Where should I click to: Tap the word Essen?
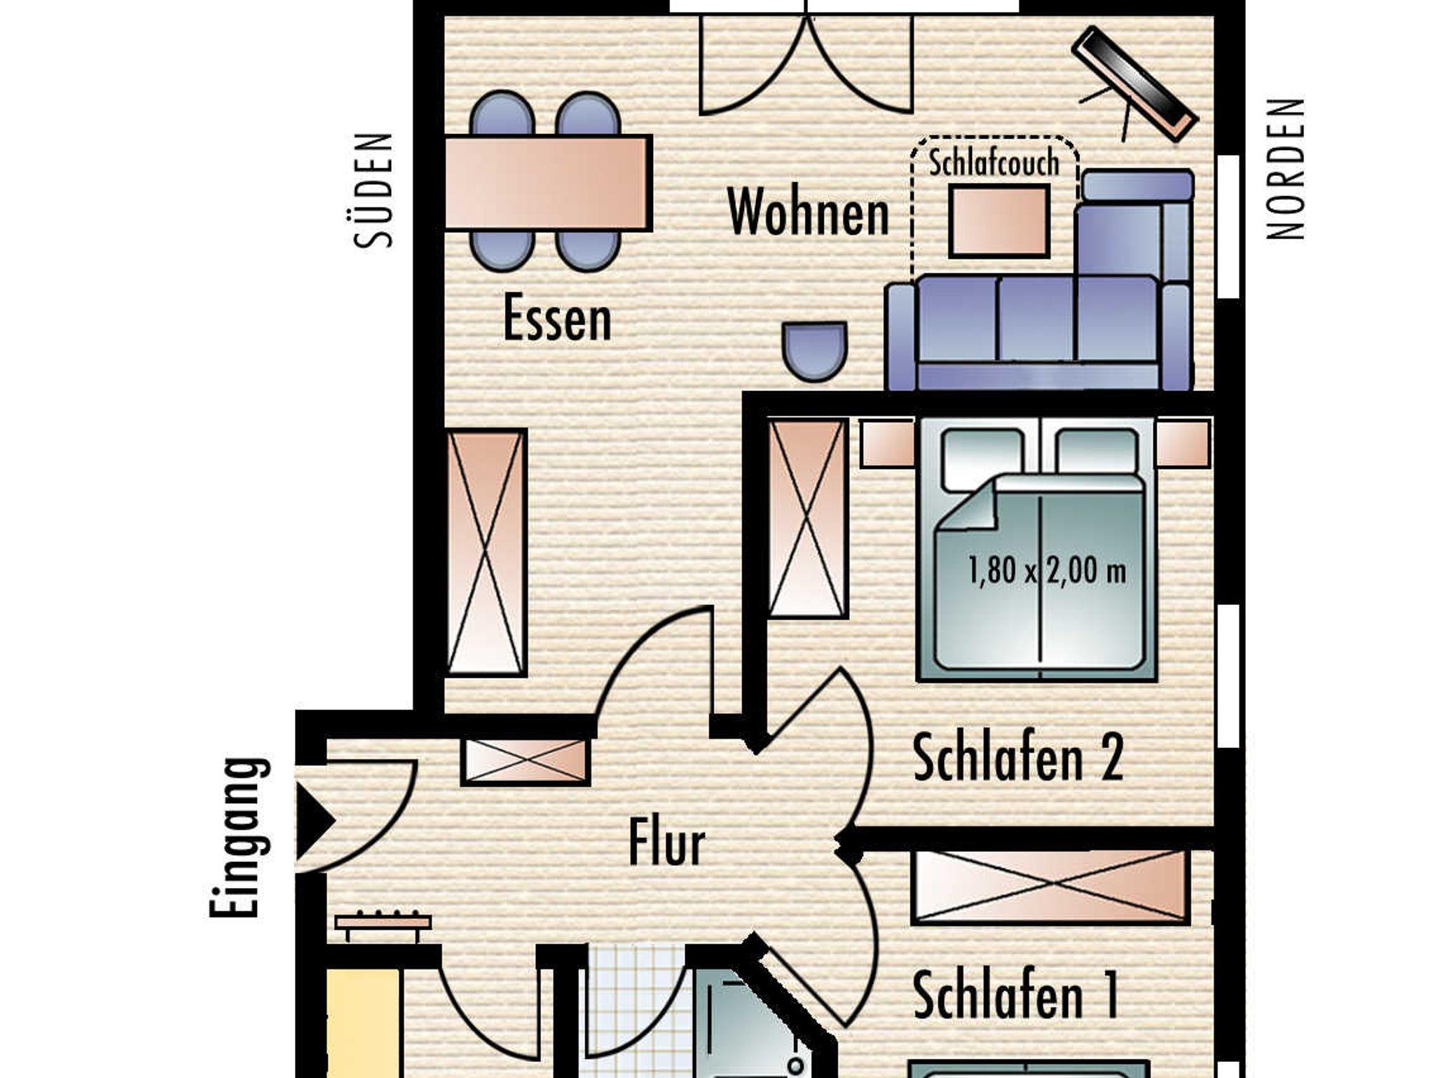click(x=557, y=318)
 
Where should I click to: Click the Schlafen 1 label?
click(x=1015, y=995)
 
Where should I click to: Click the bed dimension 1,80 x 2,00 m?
click(x=1046, y=571)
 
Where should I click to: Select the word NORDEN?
click(x=1286, y=169)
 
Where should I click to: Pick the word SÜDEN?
click(x=373, y=190)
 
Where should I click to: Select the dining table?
click(x=549, y=183)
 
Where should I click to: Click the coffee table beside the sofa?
click(x=999, y=221)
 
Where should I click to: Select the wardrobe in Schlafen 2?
click(x=808, y=519)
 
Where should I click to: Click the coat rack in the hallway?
click(x=383, y=923)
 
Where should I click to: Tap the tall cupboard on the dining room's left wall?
click(x=486, y=553)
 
